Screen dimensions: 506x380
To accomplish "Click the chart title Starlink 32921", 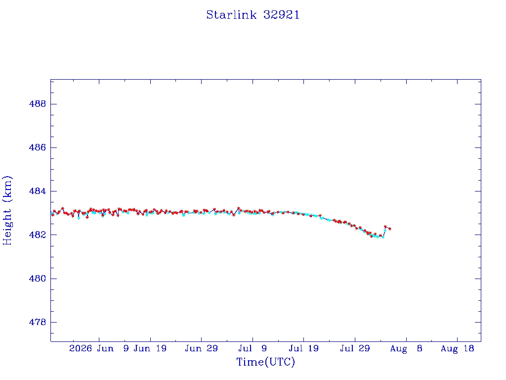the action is coord(253,15).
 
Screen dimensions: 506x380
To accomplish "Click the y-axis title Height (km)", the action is coord(7,210).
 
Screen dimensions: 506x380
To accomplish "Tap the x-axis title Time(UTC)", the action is coord(265,362).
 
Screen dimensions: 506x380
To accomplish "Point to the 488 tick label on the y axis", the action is coord(38,104).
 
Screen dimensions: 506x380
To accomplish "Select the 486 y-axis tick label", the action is coord(38,147).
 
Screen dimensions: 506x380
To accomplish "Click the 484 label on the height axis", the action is coord(38,191).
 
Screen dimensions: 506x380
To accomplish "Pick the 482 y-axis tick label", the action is coord(38,235).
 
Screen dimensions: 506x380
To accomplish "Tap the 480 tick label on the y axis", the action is coord(38,278).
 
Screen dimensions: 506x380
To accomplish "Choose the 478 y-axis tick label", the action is coord(38,322).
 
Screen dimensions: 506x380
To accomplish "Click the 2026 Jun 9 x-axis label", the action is coord(99,348).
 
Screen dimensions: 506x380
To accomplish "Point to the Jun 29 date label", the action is coord(202,348).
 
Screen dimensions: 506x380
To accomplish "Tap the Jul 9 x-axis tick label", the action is coord(253,348).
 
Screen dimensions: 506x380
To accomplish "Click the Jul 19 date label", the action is coord(304,348).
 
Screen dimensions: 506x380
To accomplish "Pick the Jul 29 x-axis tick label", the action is coord(355,348).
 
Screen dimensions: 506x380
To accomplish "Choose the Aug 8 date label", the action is coord(406,348).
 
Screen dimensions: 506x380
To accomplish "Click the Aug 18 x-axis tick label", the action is coord(457,348).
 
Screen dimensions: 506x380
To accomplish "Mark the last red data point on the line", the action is coord(390,229).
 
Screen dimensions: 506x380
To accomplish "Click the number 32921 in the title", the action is coord(282,15).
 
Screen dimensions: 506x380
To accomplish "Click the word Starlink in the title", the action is coord(231,15).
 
